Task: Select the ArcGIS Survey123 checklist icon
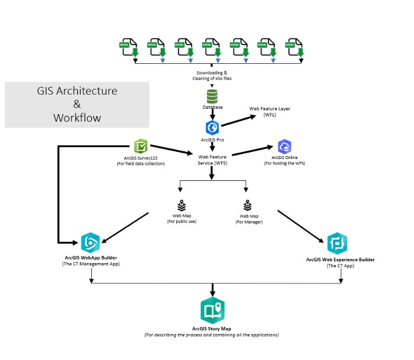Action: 141,146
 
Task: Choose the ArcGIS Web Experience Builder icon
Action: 337,243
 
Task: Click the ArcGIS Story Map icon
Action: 212,310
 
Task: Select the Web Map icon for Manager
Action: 247,205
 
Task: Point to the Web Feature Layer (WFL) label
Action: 270,112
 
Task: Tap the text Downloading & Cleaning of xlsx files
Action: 211,75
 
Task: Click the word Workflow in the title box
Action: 77,118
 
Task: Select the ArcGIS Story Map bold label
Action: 212,327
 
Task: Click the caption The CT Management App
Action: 92,264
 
